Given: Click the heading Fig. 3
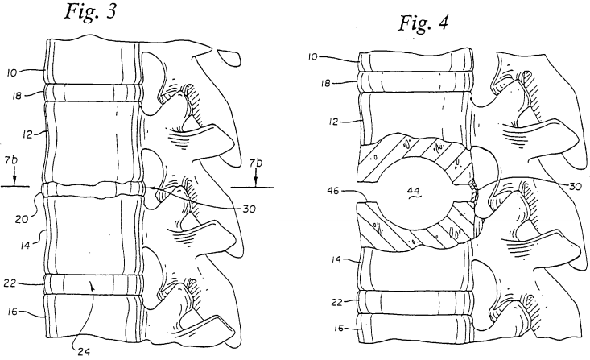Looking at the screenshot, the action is pos(91,12).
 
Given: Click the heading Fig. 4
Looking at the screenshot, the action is pos(423,23).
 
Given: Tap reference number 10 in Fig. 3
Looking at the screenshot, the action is pos(11,72).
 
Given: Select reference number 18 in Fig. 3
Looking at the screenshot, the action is pos(18,96).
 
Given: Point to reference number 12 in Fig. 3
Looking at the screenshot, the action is pos(27,134).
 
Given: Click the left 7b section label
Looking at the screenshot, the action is pos(11,161).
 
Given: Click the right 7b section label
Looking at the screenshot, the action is pos(256,163).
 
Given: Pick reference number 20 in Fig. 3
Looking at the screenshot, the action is pos(22,218).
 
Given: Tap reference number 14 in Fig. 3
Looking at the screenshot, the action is pos(26,246).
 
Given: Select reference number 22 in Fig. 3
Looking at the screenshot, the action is pos(10,283).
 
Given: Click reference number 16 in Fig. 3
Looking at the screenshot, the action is pos(12,312).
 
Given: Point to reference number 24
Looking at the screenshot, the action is pos(84,352).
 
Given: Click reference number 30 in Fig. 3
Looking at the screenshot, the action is pos(249,209).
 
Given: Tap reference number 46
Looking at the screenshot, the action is pos(334,192).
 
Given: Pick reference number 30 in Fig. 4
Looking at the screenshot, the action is pos(576,186).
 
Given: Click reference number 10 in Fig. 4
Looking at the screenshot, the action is pos(312,57).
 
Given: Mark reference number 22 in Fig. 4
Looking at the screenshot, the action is pos(337,302).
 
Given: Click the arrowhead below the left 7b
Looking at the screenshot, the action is pos(14,182).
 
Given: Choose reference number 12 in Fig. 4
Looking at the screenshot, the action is pos(334,122).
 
